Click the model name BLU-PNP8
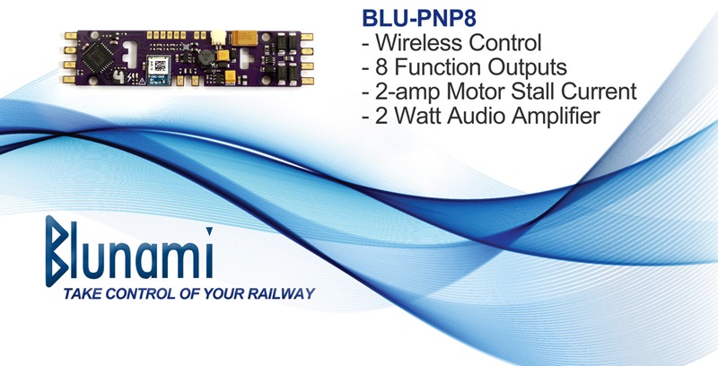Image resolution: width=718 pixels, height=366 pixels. [419, 19]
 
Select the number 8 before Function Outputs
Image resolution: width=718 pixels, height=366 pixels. [381, 67]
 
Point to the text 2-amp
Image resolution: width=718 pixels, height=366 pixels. [407, 91]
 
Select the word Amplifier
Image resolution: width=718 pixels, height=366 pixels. [556, 116]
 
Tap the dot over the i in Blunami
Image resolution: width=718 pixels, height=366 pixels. [209, 231]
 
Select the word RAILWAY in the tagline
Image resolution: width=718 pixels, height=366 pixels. [281, 293]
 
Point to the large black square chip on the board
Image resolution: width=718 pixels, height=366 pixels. [97, 58]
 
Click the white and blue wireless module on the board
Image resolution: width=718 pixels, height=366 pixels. [159, 70]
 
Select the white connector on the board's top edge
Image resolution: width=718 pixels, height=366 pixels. [218, 37]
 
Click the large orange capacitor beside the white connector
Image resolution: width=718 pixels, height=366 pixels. [244, 38]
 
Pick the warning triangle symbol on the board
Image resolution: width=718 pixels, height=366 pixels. [142, 81]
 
